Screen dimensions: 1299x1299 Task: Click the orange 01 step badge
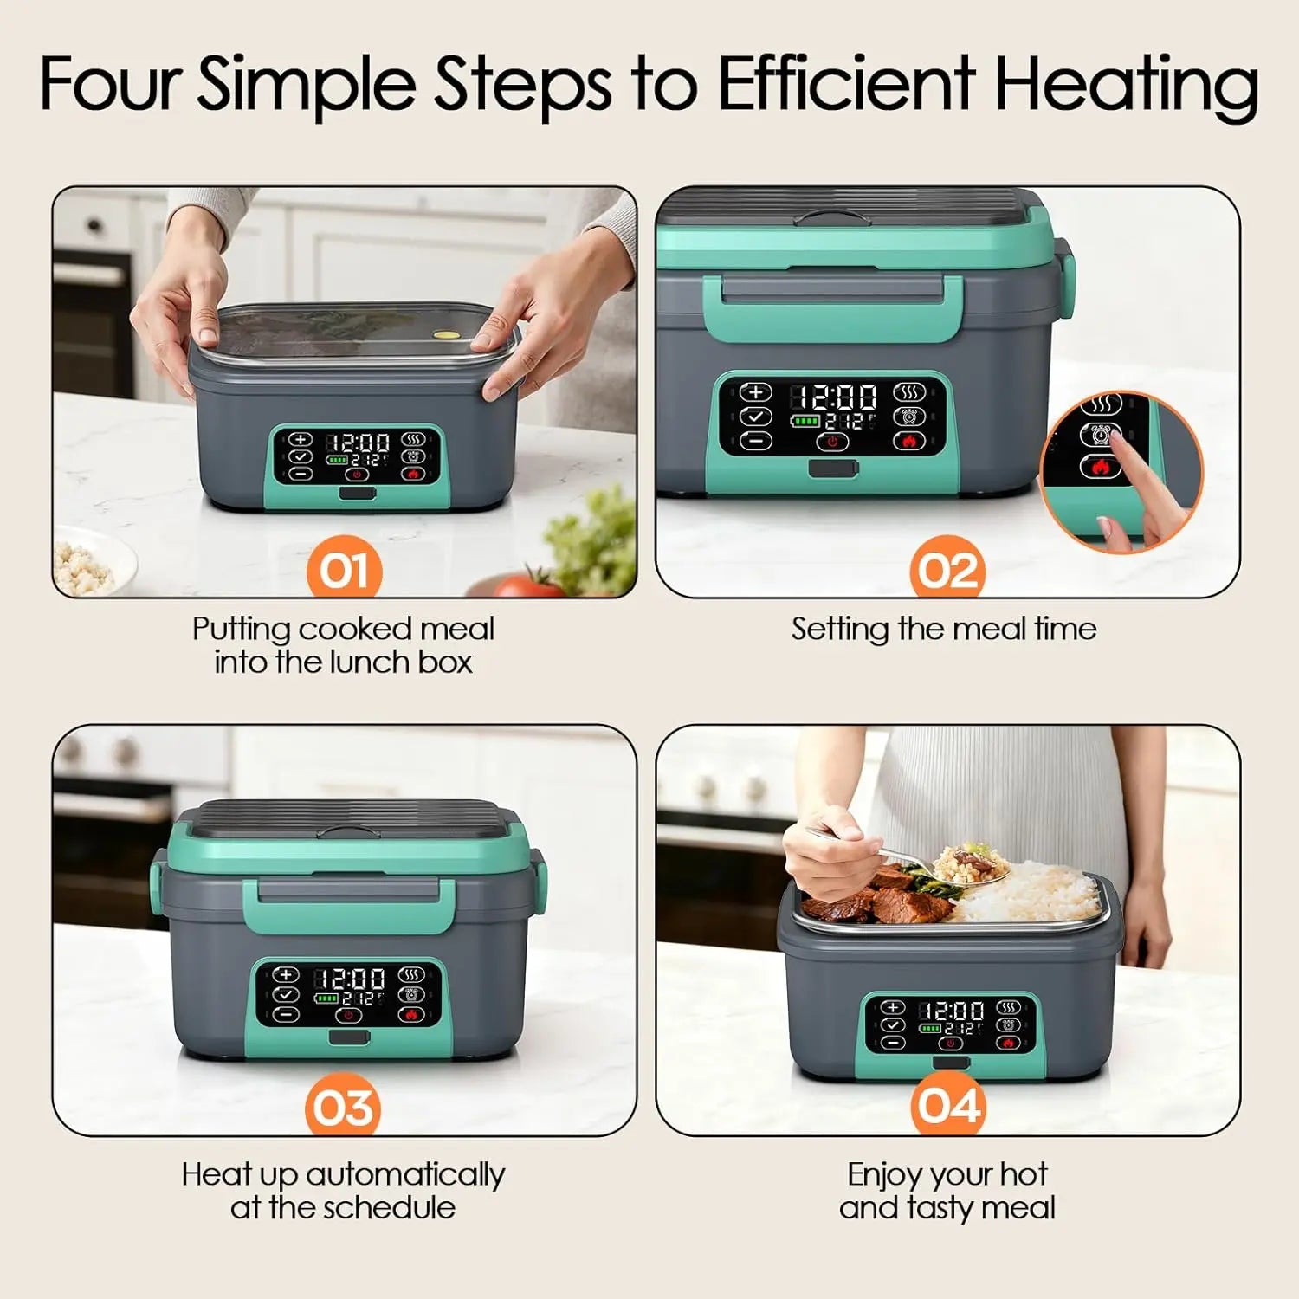[x=344, y=570]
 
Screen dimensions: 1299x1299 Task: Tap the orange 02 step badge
[x=947, y=570]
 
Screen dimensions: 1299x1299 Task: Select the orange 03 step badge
[x=343, y=1108]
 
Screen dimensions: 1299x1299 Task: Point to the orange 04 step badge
[x=948, y=1106]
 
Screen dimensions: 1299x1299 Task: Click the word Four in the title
[x=110, y=83]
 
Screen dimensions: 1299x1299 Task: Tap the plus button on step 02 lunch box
[x=756, y=392]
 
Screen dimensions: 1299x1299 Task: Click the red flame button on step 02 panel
[x=908, y=442]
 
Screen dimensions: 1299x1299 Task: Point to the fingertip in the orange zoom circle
[x=1118, y=442]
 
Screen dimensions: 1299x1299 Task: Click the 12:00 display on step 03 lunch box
[x=350, y=979]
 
